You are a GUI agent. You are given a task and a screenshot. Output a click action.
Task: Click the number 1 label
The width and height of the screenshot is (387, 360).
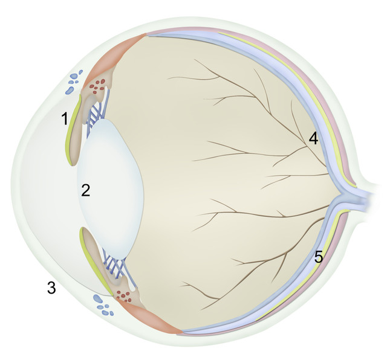[x=65, y=118]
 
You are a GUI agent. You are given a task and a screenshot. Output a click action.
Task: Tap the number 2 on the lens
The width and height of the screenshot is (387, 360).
[x=86, y=190]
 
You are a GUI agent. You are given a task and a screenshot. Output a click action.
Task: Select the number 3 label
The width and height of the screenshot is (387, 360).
[x=51, y=288]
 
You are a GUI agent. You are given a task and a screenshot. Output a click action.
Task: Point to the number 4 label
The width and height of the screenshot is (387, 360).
[x=313, y=138]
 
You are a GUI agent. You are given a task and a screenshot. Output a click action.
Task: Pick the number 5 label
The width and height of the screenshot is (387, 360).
[x=319, y=257]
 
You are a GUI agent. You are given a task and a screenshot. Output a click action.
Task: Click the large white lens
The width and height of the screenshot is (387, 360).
[x=110, y=190]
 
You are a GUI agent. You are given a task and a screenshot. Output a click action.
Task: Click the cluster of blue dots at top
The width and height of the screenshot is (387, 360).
[x=74, y=82]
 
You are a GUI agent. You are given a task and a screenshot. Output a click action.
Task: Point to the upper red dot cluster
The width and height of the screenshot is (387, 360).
[x=97, y=86]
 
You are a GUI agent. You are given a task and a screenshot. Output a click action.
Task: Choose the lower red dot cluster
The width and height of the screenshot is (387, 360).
[x=123, y=296]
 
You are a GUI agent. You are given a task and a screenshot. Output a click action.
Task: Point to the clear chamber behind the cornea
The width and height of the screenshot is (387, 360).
[x=47, y=190]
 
